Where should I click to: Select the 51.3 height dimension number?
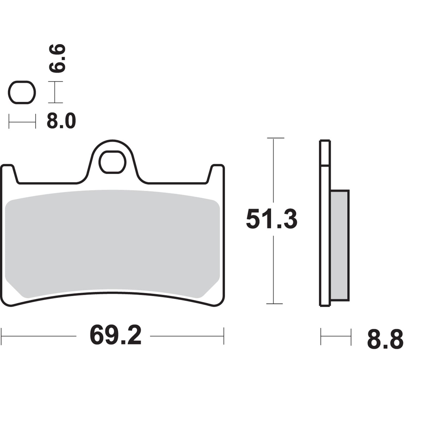[271, 220]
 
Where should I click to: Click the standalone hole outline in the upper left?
[22, 92]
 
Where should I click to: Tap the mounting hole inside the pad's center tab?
[112, 162]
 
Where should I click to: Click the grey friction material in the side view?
[340, 245]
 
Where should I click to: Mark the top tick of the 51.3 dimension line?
[275, 138]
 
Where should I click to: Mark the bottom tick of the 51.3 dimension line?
[274, 304]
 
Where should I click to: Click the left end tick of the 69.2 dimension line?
[1, 336]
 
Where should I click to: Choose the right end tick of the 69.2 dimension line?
[224, 336]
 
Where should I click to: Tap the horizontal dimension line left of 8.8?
[336, 337]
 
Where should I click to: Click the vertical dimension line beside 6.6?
[55, 92]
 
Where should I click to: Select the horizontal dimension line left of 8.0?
[22, 122]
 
